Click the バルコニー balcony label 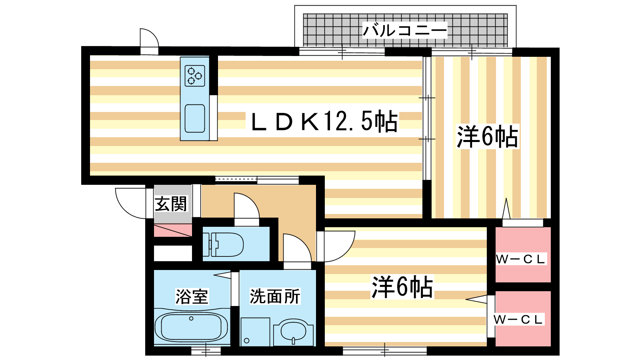point(404,30)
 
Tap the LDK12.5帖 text point(324,121)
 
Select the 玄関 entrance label point(171,204)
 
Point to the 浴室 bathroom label point(192,296)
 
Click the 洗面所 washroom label point(275,296)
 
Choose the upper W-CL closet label point(521,259)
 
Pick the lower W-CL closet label point(518,320)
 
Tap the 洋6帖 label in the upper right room point(488,136)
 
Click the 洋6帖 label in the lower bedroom point(402,287)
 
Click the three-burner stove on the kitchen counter point(195,76)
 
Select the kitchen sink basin point(195,118)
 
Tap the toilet point(223,244)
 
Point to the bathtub point(191,326)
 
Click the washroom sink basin point(294,332)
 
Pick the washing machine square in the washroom point(256,332)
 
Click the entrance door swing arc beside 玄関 point(131,203)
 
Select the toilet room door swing point(246,206)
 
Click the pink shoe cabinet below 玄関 point(173,230)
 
